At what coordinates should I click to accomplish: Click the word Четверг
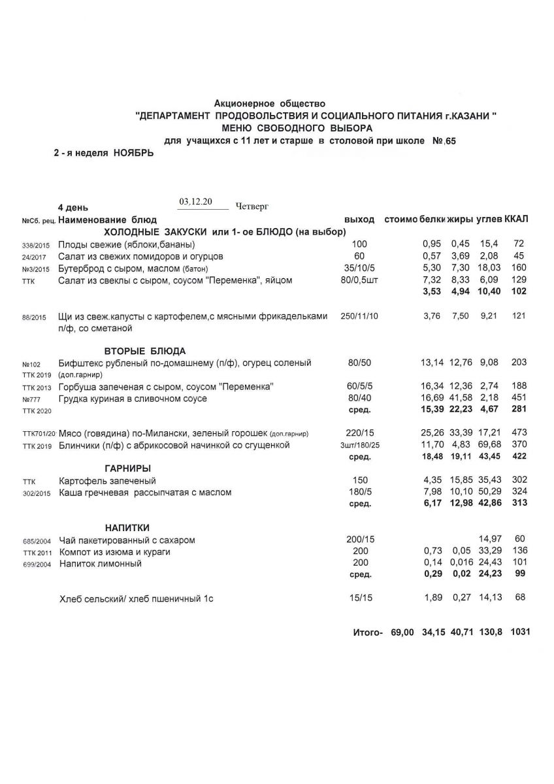(x=251, y=206)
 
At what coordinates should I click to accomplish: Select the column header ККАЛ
(x=517, y=218)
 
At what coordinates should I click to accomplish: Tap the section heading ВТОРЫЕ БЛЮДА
(x=145, y=350)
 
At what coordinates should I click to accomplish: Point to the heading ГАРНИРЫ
(x=128, y=468)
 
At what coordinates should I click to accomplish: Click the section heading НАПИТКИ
(x=128, y=527)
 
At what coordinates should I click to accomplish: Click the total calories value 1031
(x=521, y=633)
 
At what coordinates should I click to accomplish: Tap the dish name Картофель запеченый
(x=99, y=481)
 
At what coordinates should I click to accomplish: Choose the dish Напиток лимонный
(x=100, y=563)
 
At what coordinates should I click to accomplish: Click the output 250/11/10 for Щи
(x=359, y=316)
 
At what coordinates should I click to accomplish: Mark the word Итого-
(x=367, y=633)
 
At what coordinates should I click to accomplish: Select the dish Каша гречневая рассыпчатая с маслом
(x=144, y=492)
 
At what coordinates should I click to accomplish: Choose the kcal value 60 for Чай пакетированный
(x=520, y=539)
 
